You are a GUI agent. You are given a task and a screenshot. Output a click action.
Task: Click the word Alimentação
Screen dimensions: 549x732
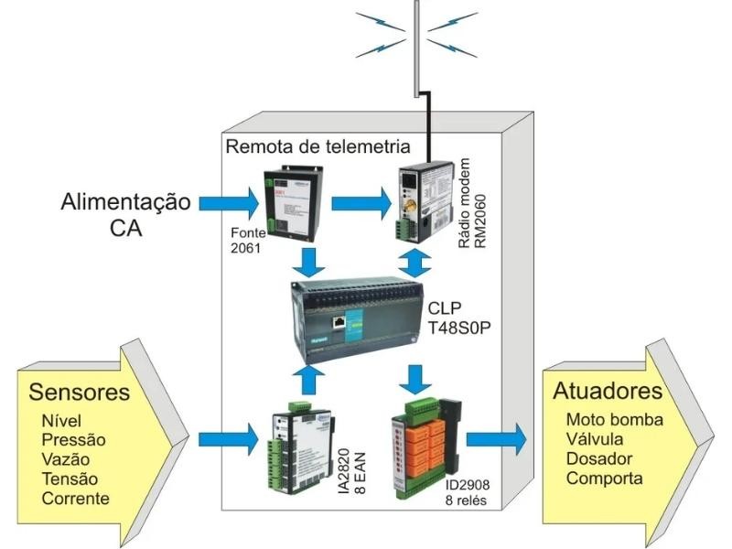126,201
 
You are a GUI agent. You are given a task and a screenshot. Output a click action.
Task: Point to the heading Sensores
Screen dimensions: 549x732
79,393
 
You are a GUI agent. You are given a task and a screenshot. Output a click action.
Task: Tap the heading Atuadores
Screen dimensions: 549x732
608,392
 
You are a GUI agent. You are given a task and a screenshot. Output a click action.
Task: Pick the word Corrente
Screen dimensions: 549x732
75,499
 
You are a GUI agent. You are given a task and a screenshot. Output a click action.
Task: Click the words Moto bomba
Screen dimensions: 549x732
615,420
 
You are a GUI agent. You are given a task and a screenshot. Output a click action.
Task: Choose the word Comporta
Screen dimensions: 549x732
604,478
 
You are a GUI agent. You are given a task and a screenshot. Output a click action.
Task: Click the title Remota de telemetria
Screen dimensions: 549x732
318,147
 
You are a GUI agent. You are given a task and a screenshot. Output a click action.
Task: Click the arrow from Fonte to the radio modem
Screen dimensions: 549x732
358,200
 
